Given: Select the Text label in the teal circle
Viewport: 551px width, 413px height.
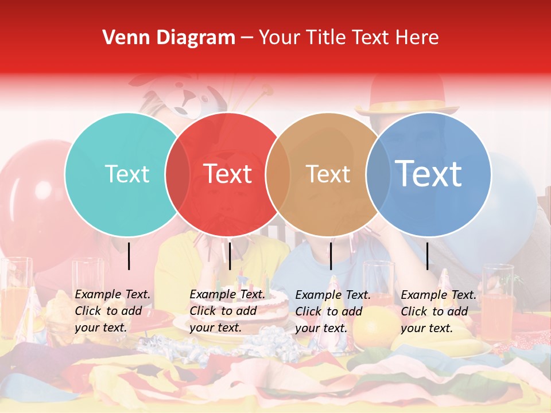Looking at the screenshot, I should point(127,174).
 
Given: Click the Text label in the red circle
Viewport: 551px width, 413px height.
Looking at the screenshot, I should point(227,174).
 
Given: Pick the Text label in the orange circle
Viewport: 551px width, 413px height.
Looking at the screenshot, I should point(328,174).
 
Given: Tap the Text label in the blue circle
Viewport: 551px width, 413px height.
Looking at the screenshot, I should point(429,174).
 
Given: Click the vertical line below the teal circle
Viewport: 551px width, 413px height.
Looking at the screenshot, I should point(129,256).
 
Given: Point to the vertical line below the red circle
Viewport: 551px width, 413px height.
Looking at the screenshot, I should point(230,256).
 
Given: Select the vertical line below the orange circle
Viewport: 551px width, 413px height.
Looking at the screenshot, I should point(331,256).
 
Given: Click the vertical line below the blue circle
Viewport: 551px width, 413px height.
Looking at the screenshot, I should point(428,256).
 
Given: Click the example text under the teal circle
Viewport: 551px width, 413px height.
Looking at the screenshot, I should point(112,311).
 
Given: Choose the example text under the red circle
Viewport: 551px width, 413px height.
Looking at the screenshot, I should point(227,311).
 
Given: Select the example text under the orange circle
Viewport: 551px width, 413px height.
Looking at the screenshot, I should point(332,311).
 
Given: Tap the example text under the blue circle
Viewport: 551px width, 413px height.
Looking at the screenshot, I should point(438,311).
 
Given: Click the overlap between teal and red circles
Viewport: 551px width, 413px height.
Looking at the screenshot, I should point(177,174).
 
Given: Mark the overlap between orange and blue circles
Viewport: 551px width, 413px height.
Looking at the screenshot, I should point(378,174).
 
